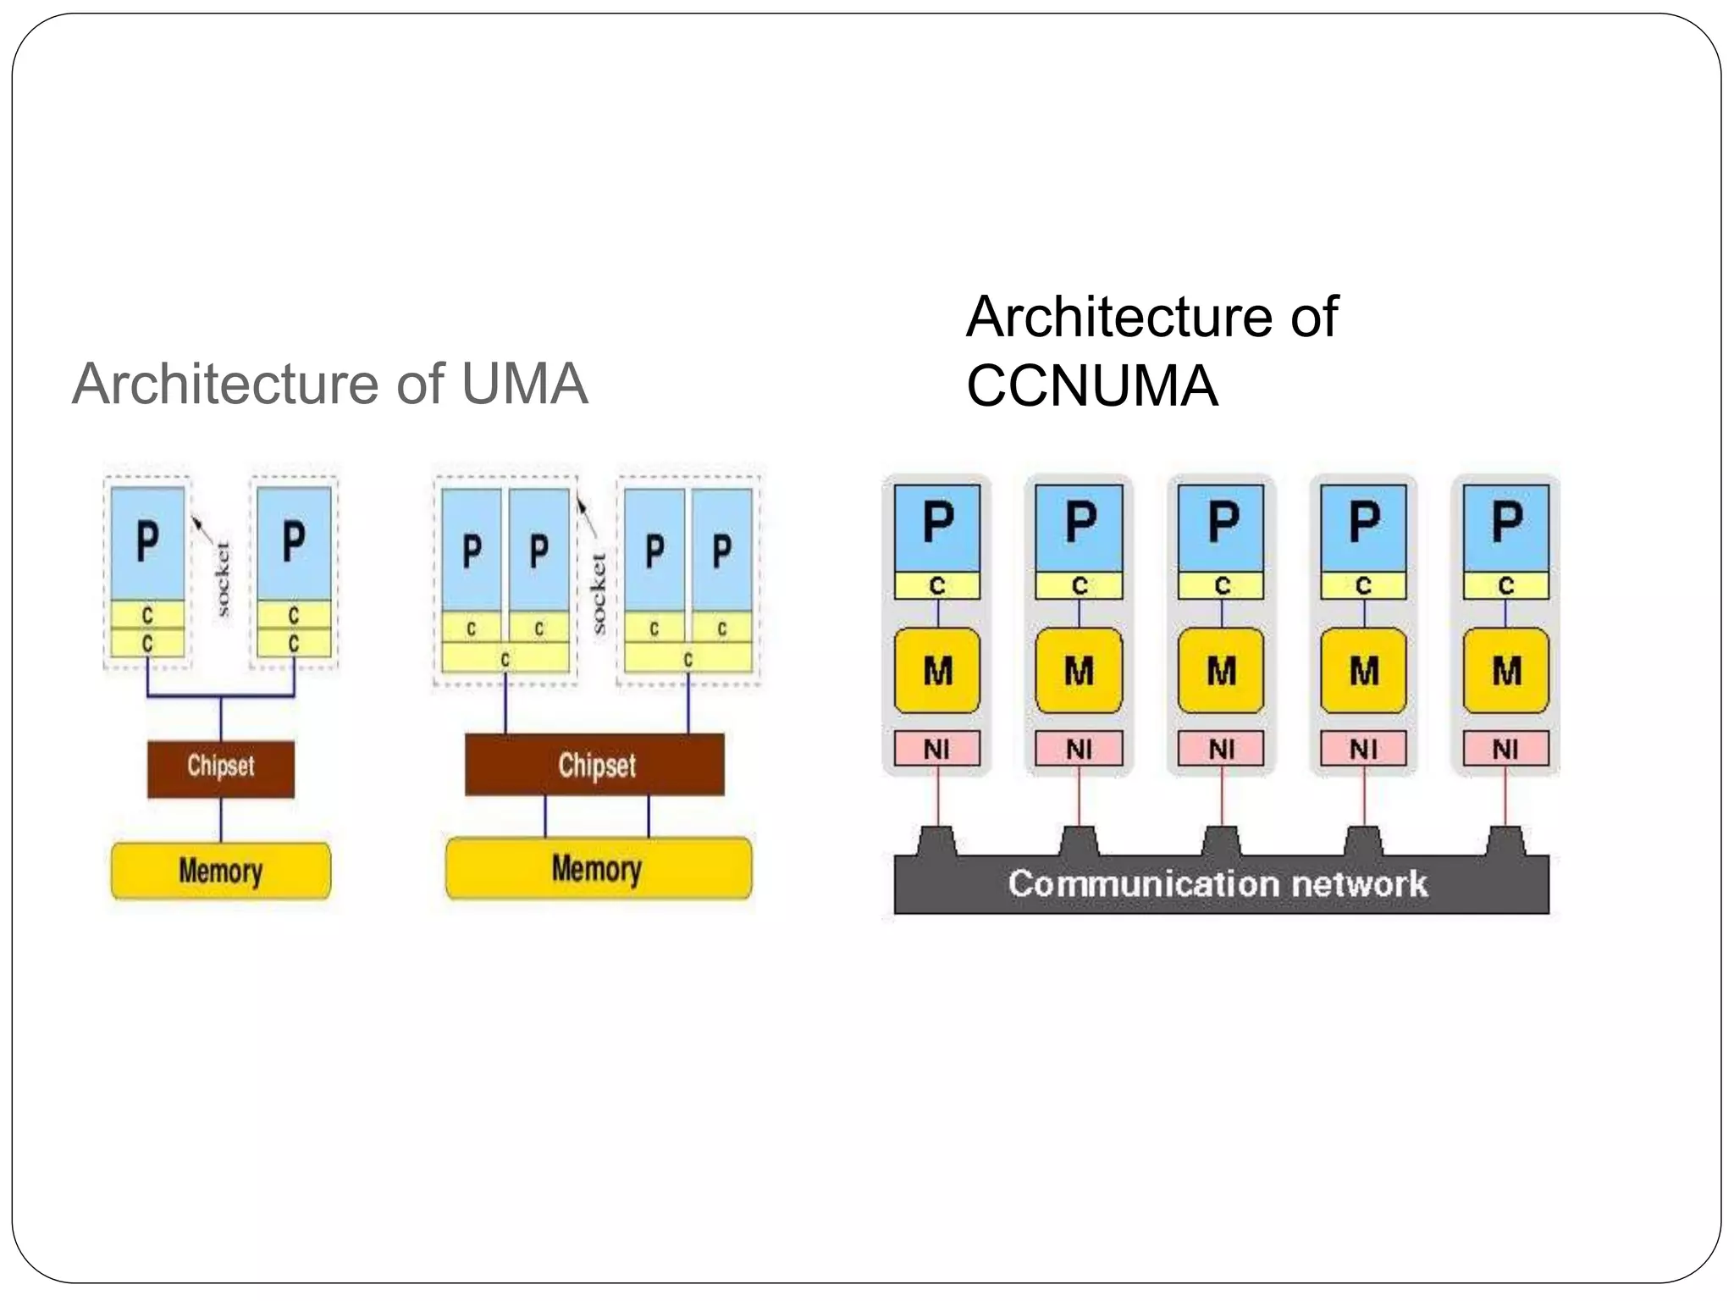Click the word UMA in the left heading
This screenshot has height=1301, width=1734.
(524, 384)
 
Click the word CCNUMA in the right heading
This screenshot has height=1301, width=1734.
(1091, 386)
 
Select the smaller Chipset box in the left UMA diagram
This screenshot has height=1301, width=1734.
(221, 767)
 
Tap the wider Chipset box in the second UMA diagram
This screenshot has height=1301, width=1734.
(595, 765)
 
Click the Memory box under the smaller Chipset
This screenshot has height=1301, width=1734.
(221, 871)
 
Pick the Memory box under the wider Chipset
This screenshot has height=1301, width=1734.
(598, 868)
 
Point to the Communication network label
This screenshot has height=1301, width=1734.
(1218, 884)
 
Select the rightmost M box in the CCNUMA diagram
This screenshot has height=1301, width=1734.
(1506, 671)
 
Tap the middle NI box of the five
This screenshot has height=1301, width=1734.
(1221, 749)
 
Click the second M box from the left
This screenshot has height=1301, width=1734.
(1079, 671)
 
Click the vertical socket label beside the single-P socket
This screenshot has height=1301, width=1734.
(222, 579)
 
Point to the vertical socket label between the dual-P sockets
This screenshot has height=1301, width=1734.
(598, 593)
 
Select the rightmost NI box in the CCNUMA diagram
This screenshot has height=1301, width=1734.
(1505, 749)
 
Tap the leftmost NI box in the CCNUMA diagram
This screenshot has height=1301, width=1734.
(936, 749)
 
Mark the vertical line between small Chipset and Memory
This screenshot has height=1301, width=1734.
(221, 819)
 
